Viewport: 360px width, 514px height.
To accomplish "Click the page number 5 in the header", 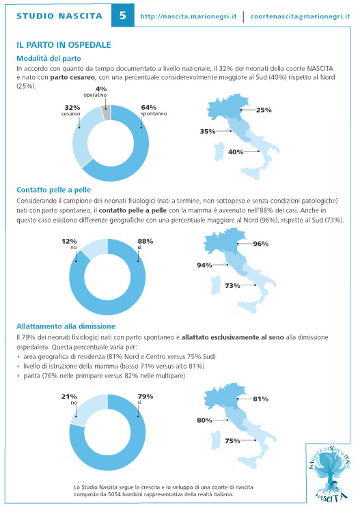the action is [122, 15].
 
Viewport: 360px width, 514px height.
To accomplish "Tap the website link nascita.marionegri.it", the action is [189, 16].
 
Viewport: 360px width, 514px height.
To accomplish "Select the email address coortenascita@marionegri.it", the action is [300, 16].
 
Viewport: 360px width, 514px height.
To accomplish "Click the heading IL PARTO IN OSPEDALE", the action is [64, 45].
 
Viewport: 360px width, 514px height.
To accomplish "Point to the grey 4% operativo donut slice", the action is [106, 113].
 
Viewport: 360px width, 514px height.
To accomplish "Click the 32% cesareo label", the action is [72, 111].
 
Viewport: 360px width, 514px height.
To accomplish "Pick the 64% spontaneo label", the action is [154, 111].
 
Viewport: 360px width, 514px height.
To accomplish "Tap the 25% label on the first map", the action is [264, 110].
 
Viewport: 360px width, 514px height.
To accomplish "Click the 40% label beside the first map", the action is [236, 152].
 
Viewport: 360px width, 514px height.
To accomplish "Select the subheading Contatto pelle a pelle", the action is [53, 190].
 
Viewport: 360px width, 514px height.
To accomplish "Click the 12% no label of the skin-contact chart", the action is [69, 244].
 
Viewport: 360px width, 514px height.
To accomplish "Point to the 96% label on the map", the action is [260, 244].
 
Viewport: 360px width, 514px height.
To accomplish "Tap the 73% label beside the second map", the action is [232, 285].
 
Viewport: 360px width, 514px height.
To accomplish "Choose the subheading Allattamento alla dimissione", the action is [66, 326].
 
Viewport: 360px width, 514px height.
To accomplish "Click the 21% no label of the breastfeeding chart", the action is [69, 399].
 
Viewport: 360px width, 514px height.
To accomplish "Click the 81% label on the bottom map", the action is [260, 399].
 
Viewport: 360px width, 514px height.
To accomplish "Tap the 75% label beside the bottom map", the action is [232, 441].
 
